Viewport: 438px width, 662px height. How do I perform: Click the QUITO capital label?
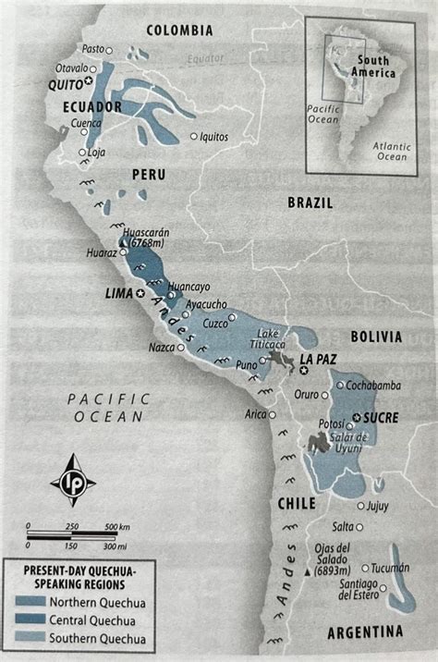(67, 83)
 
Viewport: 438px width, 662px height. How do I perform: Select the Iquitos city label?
(213, 136)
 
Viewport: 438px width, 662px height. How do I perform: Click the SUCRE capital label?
(380, 417)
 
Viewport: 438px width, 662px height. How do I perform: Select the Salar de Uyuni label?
(348, 443)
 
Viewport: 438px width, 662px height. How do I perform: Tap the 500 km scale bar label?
(116, 526)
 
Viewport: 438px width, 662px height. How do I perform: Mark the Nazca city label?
(161, 349)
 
